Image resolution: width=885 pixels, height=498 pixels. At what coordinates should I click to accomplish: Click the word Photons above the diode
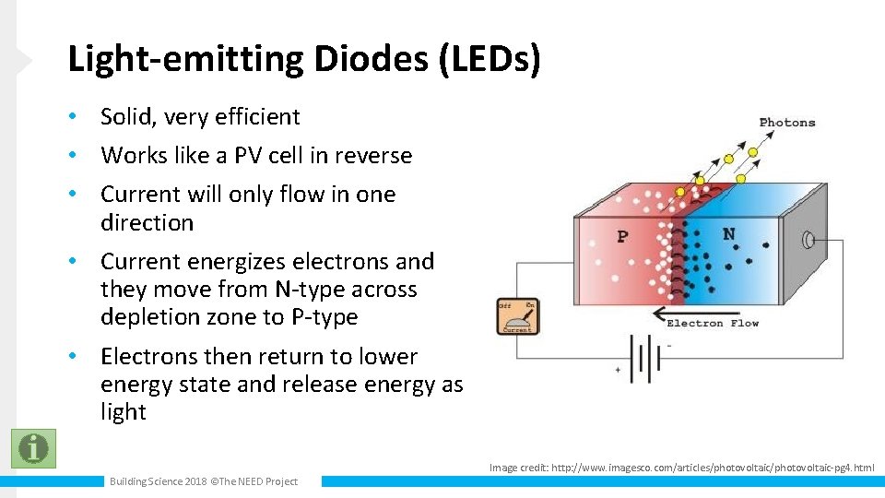point(787,123)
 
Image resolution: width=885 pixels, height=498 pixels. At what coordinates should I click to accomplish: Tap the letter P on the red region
point(622,237)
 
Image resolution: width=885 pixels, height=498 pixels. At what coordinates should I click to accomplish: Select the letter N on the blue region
point(728,234)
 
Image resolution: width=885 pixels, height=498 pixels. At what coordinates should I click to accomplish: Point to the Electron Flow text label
point(713,323)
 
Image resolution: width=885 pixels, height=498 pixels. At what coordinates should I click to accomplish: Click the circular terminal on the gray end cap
point(809,241)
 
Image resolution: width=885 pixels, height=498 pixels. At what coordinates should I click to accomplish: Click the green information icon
point(33,448)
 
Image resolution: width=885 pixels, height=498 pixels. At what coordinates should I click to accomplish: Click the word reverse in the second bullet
point(373,156)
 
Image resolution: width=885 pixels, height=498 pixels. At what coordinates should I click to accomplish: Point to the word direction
point(147,223)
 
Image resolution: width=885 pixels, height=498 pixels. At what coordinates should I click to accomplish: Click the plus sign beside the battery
point(618,369)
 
